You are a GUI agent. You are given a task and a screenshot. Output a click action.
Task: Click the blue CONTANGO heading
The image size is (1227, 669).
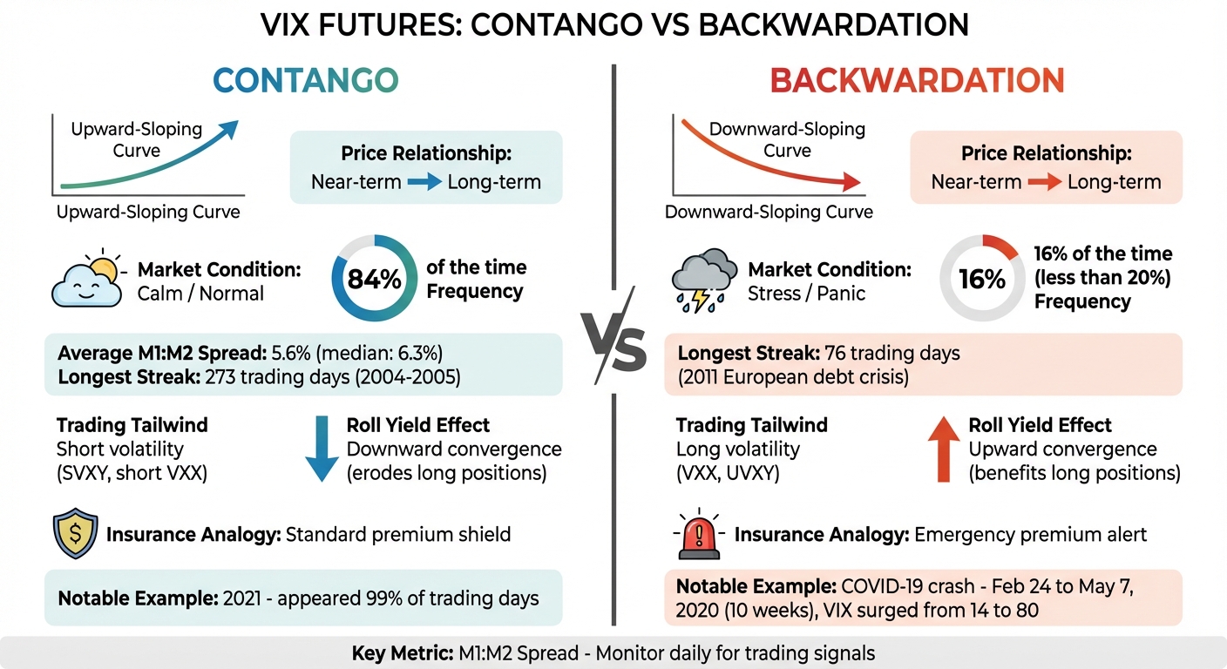pos(305,80)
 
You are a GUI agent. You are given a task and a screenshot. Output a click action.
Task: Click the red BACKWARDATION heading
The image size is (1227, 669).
pos(917,80)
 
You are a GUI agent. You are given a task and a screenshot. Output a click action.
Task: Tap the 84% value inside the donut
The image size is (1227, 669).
pos(374,280)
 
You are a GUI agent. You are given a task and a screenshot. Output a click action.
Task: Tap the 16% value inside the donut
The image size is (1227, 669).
pos(981,280)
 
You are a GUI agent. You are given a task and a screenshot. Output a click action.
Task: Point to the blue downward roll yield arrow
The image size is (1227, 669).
pos(322,448)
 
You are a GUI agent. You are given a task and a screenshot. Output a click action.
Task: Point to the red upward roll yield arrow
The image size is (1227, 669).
pos(943,448)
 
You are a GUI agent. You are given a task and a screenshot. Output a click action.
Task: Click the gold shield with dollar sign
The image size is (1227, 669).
pos(76,534)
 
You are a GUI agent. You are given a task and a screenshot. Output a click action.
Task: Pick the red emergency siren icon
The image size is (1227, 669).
pos(701,534)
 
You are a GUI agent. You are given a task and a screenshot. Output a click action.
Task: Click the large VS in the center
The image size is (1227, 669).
pos(613,348)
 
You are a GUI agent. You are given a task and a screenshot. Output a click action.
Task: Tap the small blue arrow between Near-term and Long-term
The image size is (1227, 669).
pos(424,183)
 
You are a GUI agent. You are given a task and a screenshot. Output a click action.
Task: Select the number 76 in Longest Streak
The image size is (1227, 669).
pos(837,354)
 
